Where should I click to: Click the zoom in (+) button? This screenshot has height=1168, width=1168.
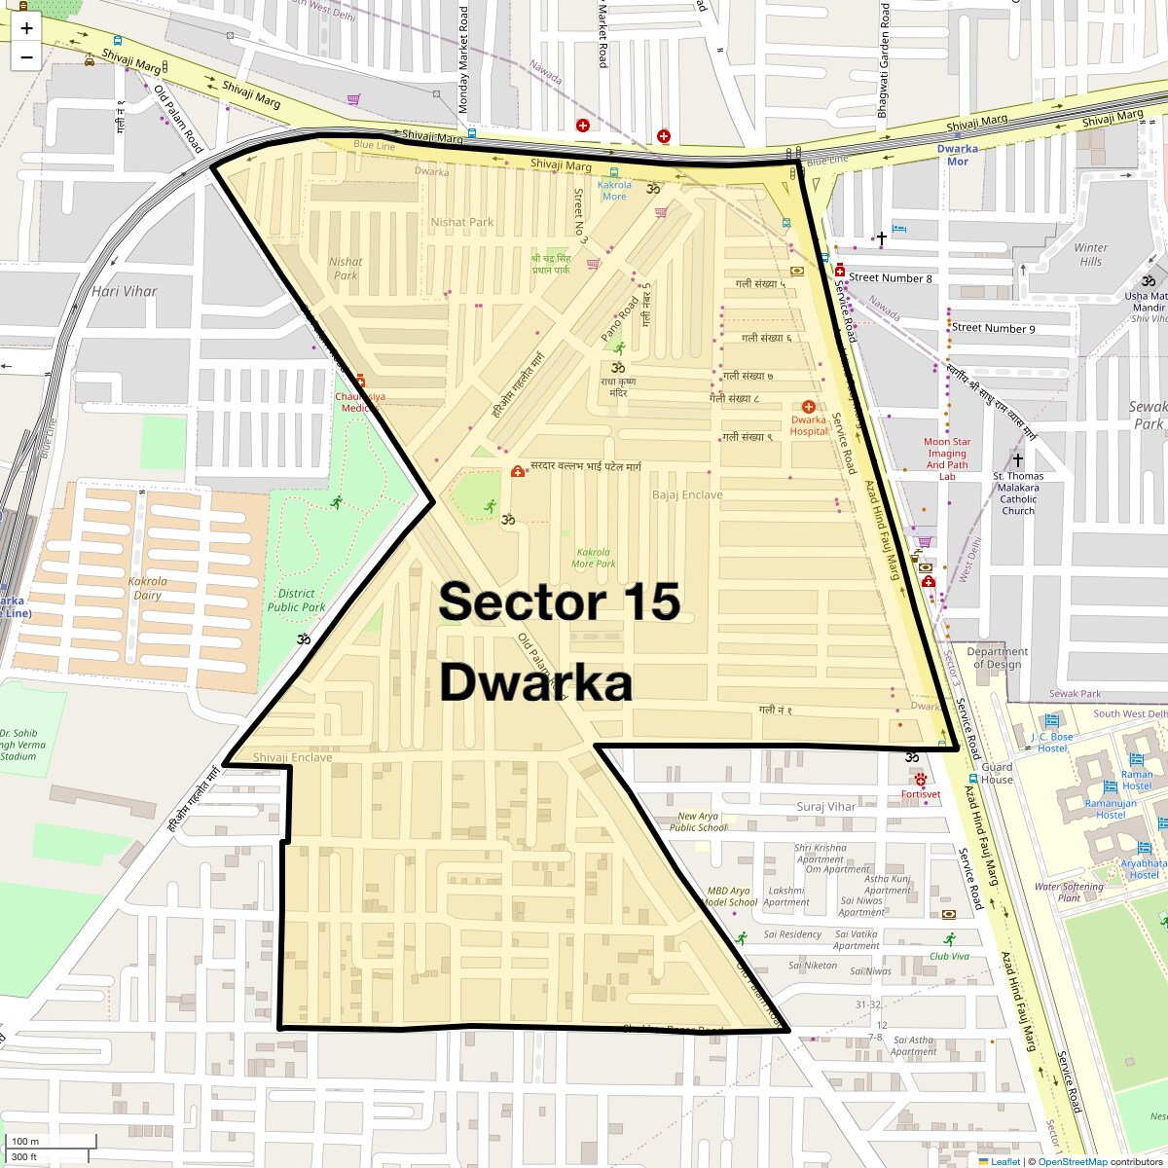click(26, 28)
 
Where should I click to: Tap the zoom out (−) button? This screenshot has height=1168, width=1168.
click(26, 56)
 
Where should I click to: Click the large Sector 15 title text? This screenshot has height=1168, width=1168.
click(559, 602)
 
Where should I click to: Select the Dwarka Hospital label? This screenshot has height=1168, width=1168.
click(808, 425)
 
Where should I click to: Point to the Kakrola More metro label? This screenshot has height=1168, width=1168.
click(614, 191)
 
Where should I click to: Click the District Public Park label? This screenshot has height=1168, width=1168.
click(297, 600)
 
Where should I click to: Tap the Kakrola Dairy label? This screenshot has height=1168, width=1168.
click(148, 588)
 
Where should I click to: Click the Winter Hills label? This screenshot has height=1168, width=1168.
click(1090, 254)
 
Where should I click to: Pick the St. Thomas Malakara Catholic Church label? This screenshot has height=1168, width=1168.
click(1018, 493)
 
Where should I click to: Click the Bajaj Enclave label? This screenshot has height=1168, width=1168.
click(687, 494)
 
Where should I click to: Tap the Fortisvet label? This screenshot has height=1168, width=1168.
click(921, 794)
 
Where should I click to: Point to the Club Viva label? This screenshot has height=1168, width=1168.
click(949, 956)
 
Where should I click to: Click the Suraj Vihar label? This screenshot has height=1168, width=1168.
click(825, 806)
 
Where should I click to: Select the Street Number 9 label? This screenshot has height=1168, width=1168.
click(994, 328)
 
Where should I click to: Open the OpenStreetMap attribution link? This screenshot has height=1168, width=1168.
click(1072, 1161)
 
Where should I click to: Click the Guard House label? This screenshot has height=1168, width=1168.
click(997, 773)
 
